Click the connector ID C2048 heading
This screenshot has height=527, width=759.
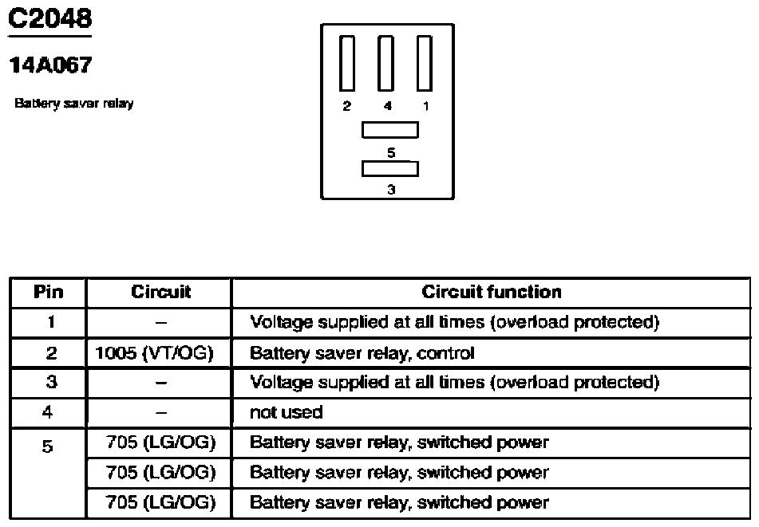tap(49, 18)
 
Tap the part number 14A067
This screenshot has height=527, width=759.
tap(50, 65)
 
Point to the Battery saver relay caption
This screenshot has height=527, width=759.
tap(74, 103)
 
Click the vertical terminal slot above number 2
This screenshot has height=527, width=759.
tap(346, 63)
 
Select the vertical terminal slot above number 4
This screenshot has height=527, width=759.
tap(385, 63)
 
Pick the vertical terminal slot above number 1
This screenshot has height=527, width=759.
tap(425, 63)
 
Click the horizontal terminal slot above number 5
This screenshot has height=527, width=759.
tap(390, 130)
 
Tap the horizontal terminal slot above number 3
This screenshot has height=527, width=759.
tap(390, 168)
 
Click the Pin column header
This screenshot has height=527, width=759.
tap(49, 292)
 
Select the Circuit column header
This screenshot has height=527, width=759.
tap(160, 292)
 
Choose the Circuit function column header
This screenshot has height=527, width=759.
tap(492, 292)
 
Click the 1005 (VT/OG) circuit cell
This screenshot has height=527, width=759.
tap(154, 353)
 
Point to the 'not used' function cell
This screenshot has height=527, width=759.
tap(286, 412)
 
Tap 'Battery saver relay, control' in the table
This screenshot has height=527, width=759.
tap(362, 353)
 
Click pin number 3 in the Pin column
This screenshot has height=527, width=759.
tap(51, 382)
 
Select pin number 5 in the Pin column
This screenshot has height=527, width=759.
tap(47, 446)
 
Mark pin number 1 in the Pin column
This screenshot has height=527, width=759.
tap(51, 321)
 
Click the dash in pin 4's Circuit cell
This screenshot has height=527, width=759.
tap(161, 413)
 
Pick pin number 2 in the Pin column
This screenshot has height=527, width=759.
tap(51, 353)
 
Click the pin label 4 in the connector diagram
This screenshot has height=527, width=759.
tap(388, 106)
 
